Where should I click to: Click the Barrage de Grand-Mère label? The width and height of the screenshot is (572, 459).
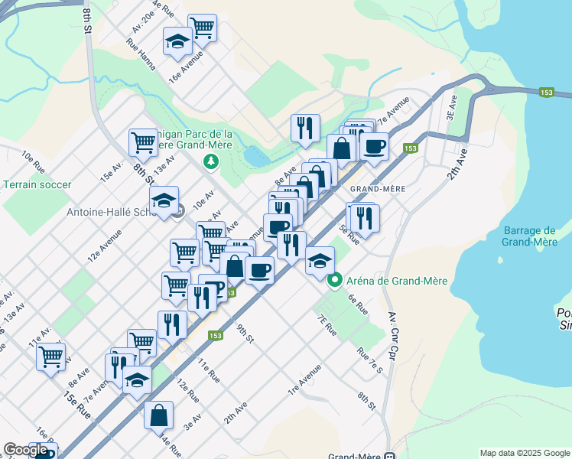click(529, 236)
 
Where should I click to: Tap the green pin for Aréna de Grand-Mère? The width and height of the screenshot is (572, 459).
click(334, 281)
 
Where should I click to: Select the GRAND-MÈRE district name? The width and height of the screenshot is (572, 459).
click(376, 187)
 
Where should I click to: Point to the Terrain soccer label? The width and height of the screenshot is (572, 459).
click(37, 184)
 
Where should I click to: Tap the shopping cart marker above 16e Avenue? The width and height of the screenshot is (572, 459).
click(202, 28)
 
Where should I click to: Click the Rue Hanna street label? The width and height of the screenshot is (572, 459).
click(143, 56)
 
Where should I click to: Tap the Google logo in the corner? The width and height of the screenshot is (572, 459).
click(25, 450)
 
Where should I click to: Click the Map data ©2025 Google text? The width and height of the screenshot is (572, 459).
click(524, 453)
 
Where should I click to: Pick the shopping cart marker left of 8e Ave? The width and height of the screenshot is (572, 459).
click(50, 356)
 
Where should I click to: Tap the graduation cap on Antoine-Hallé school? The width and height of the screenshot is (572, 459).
click(164, 200)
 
